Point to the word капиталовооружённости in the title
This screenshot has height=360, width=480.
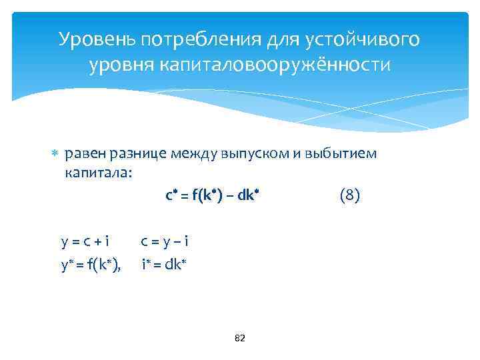coord(274,65)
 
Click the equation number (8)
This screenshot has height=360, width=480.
coord(350,195)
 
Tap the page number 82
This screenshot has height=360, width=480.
coord(240,339)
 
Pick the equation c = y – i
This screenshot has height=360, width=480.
coord(169,243)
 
